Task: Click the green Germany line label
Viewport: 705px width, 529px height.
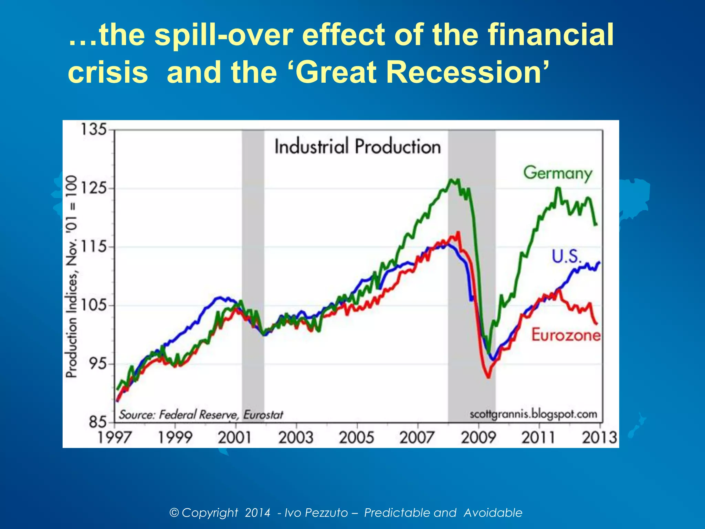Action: (558, 173)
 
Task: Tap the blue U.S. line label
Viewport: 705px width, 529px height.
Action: (566, 257)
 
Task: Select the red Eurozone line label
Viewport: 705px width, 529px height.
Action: (566, 335)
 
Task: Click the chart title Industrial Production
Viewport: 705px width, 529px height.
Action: (357, 146)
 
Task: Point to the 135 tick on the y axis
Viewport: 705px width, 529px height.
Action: (93, 130)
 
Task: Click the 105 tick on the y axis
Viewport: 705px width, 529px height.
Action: (93, 305)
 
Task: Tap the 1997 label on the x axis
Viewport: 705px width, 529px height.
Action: (114, 438)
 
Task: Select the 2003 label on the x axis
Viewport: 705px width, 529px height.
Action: (296, 438)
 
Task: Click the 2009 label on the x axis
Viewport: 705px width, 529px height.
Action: (478, 438)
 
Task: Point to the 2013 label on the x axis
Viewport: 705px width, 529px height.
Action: (599, 438)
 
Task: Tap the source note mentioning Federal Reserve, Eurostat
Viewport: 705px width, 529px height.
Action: (201, 415)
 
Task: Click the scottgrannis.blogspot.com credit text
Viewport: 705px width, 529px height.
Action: (533, 414)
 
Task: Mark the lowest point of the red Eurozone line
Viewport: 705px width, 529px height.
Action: (488, 377)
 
